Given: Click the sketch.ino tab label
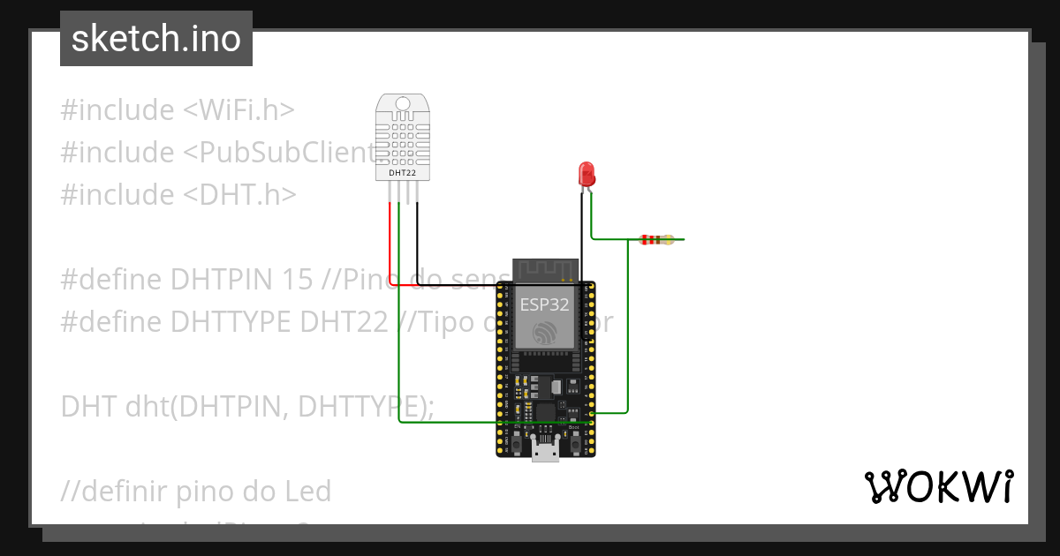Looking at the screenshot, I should click(156, 39).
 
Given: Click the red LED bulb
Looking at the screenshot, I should click(586, 173).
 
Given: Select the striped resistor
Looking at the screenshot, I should click(655, 239).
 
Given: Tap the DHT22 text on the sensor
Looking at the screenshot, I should click(402, 173).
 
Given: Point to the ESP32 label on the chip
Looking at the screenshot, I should click(544, 304).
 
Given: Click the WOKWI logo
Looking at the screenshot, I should click(938, 486).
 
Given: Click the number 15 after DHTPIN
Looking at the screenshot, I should click(298, 279).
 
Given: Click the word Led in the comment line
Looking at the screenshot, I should click(307, 491).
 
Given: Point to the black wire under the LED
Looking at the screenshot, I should click(581, 229).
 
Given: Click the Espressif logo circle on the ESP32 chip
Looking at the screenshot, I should click(544, 333).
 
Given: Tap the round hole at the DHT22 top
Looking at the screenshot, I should click(403, 104).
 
